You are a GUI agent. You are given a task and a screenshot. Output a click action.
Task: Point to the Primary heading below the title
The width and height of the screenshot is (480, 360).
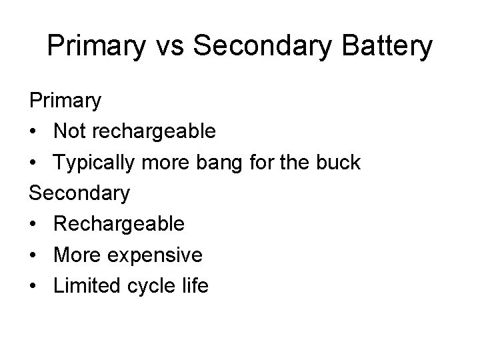[65, 101]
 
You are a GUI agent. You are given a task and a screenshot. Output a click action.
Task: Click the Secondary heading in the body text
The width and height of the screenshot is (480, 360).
[79, 193]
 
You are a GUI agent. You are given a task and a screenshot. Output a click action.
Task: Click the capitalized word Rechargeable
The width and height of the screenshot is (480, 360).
[118, 225]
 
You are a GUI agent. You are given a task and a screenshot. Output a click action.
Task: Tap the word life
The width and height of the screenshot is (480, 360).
[195, 286]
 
